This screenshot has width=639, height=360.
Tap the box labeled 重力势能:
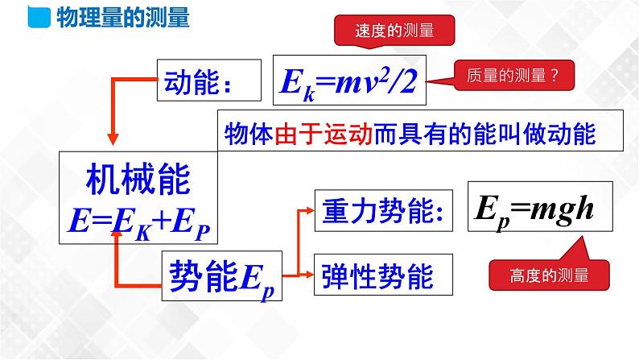pos(378,211)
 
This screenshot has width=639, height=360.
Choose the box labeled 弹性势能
pos(378,275)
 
